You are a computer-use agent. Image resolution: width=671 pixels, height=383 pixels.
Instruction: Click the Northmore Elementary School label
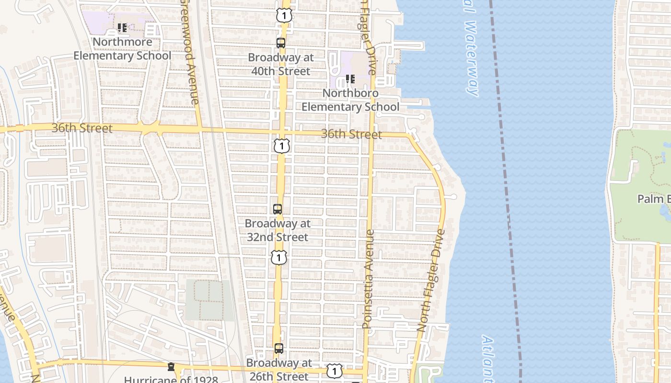point(122,49)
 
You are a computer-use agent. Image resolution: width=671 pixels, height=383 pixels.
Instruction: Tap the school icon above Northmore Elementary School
point(122,28)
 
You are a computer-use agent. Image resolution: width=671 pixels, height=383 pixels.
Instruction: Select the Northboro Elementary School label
point(350,100)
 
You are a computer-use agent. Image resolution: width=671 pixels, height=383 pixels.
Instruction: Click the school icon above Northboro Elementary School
point(350,79)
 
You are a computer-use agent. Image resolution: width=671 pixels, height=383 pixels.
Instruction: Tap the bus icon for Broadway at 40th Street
point(281,43)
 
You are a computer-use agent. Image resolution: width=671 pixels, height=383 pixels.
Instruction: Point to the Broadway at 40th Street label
point(281,64)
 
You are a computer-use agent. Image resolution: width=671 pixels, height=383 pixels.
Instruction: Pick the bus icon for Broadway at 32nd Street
point(278,209)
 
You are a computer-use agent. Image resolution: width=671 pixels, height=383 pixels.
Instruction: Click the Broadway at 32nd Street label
point(278,230)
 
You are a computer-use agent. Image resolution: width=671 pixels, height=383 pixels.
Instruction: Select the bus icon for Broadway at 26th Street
point(279,349)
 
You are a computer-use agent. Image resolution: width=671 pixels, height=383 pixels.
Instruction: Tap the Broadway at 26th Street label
point(279,370)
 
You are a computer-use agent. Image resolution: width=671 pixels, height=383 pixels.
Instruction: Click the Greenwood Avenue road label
point(190,53)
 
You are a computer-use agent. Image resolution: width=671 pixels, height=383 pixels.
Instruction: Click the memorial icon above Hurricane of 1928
point(171,367)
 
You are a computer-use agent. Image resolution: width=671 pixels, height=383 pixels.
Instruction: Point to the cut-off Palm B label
point(654,199)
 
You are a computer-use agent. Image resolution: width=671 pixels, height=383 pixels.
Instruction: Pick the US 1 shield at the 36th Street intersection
point(282,146)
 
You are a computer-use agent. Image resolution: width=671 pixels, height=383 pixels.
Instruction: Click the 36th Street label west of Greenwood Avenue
point(82,128)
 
